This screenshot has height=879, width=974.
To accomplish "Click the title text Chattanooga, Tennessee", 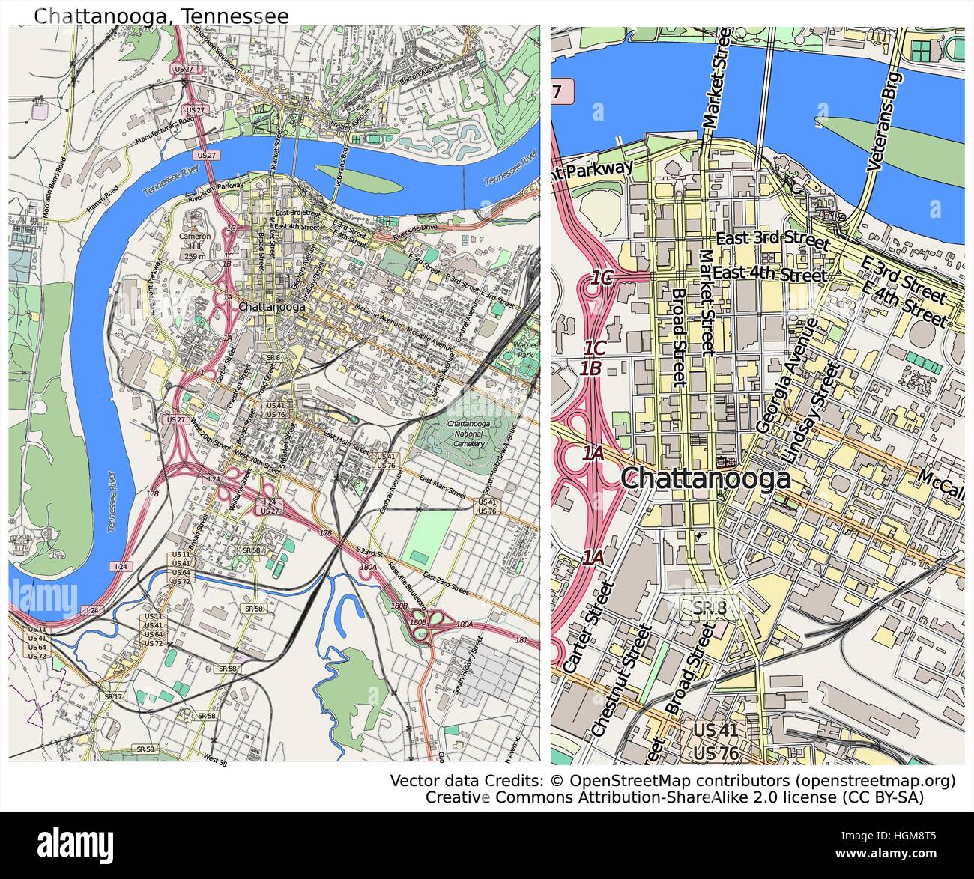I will point(161,16).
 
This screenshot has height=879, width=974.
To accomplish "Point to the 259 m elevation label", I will point(195,257).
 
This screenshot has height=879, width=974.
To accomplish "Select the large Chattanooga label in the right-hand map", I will point(707,478).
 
